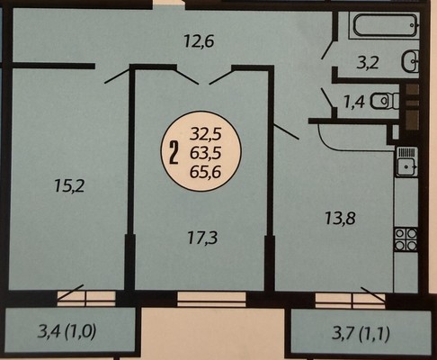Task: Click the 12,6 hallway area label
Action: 199,41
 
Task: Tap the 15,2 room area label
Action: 70,185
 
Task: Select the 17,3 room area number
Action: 202,238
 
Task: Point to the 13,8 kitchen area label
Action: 340,218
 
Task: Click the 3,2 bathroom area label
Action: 368,63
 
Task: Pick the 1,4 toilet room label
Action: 354,103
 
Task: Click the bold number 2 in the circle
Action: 174,153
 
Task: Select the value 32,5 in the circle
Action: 206,134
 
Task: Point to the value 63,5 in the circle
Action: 206,153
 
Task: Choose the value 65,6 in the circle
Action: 206,172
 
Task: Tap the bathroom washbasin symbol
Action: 410,61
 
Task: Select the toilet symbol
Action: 386,101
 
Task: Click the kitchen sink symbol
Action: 406,161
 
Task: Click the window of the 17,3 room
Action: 211,299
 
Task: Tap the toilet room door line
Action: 327,97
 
